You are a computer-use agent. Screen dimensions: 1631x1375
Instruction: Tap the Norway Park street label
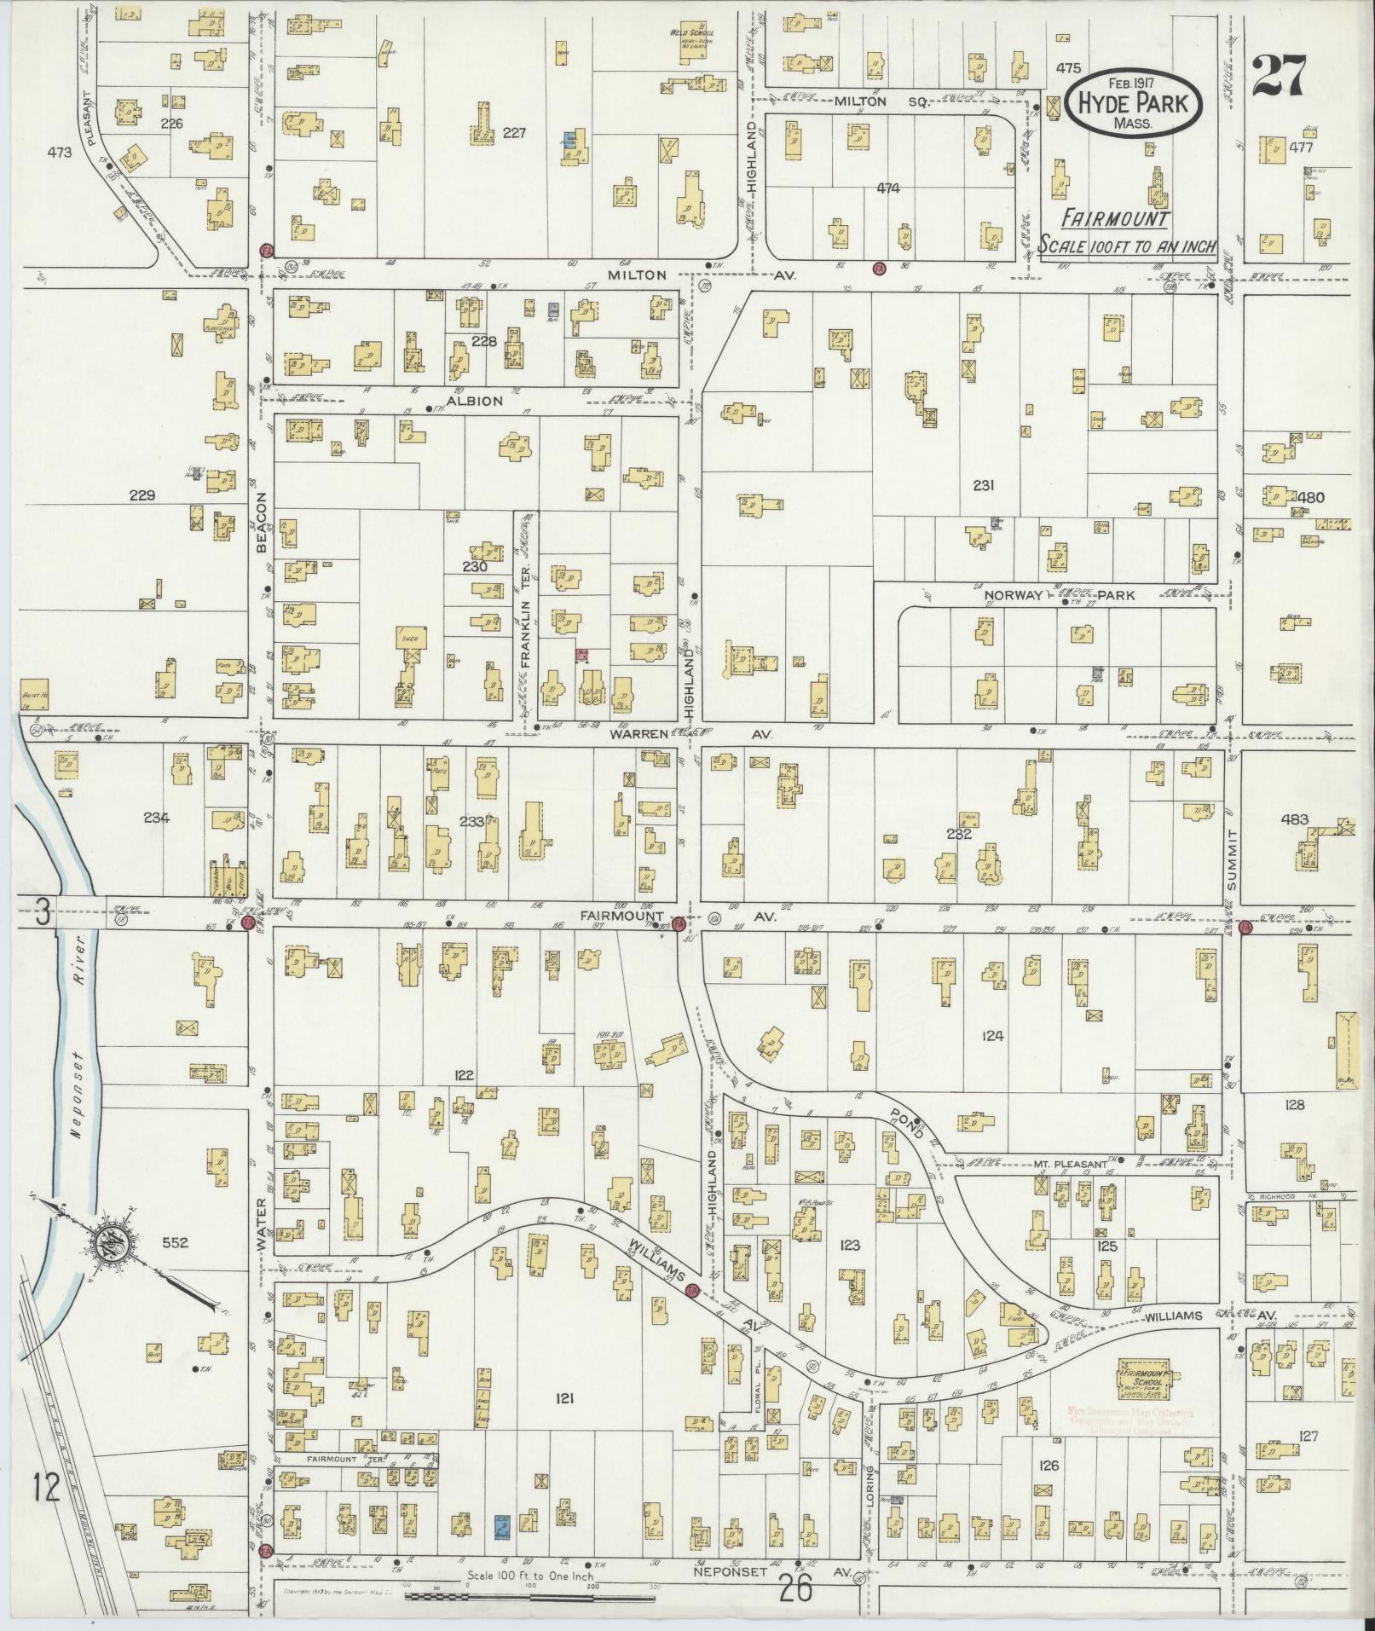coord(1060,595)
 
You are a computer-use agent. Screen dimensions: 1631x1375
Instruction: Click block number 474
coord(887,188)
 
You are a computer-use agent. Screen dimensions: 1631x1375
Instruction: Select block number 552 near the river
coord(176,1242)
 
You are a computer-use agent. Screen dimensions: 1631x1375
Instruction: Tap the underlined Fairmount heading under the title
coord(1116,218)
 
